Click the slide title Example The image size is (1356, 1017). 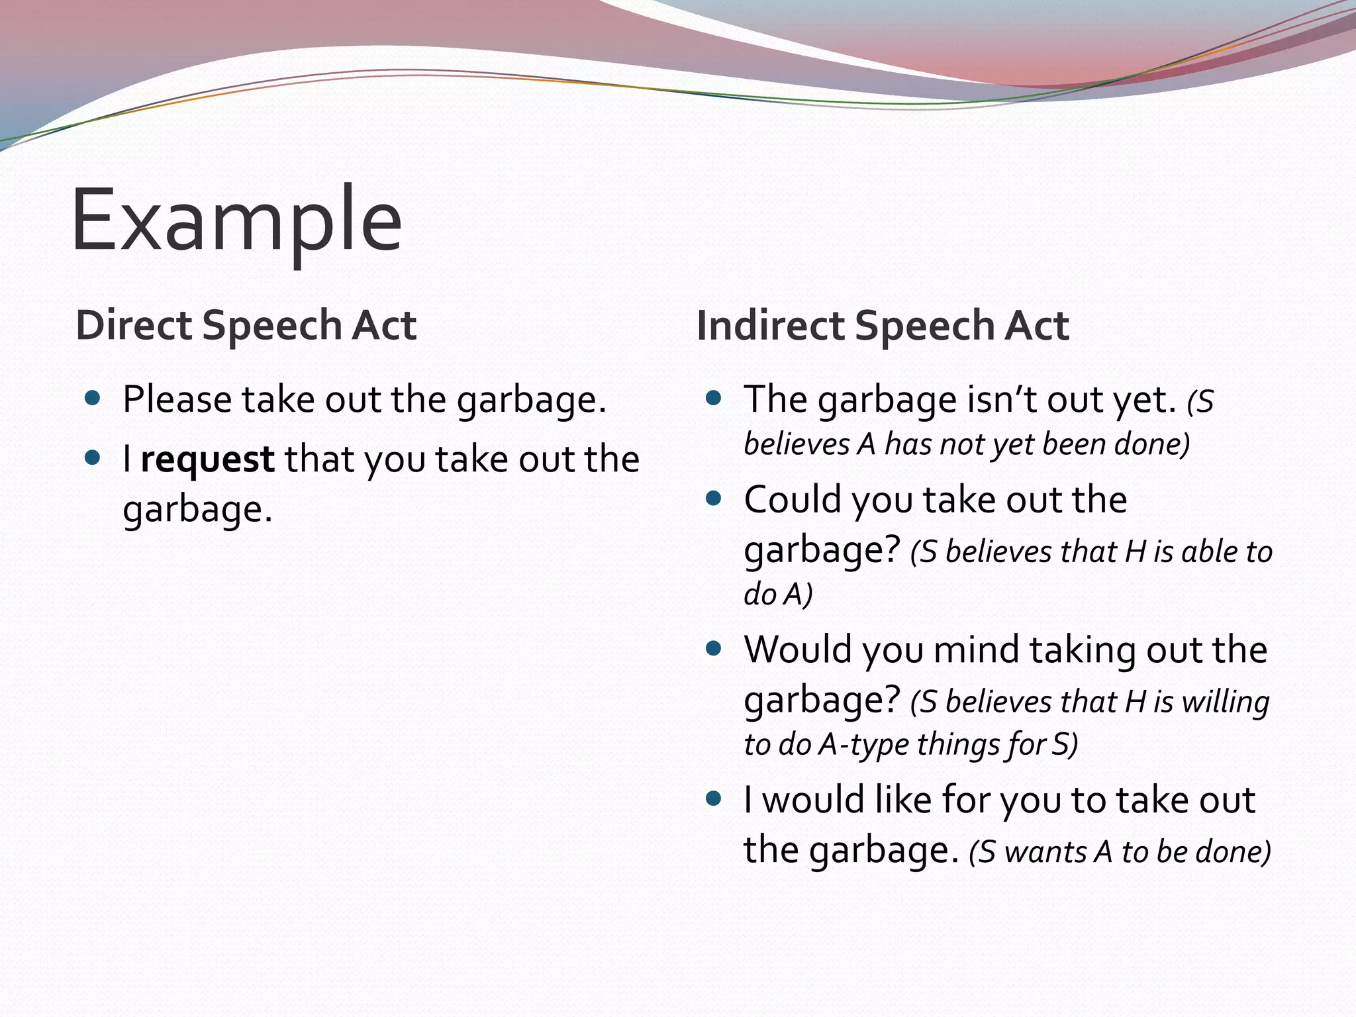[236, 220]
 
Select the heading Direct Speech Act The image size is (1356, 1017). [246, 325]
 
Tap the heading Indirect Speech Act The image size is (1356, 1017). [883, 325]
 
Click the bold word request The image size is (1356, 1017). [207, 460]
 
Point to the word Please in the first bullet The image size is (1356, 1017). [177, 400]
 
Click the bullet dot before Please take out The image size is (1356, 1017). [93, 398]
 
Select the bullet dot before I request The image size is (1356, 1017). [93, 458]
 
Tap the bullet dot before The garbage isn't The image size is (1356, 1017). [713, 398]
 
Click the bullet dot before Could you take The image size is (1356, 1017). [713, 498]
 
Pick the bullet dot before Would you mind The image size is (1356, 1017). [713, 648]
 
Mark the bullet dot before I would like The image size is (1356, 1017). [713, 799]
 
